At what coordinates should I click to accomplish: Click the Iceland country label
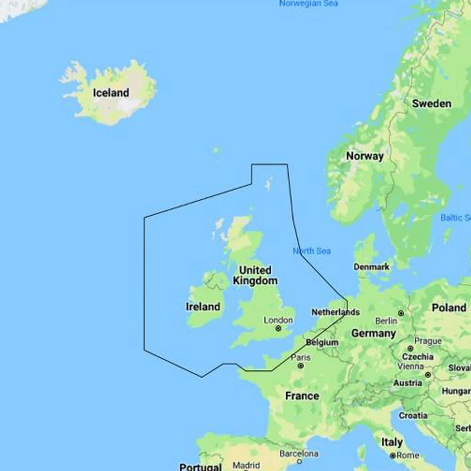pyautogui.click(x=111, y=93)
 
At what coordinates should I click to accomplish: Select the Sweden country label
pyautogui.click(x=431, y=104)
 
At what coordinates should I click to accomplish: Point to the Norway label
pyautogui.click(x=365, y=156)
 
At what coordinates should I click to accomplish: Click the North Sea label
pyautogui.click(x=312, y=251)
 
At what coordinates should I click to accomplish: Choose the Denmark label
pyautogui.click(x=372, y=267)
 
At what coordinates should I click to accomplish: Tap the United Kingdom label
pyautogui.click(x=255, y=276)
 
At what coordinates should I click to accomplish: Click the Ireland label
pyautogui.click(x=203, y=307)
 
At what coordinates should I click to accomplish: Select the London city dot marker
pyautogui.click(x=278, y=328)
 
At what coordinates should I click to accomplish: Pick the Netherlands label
pyautogui.click(x=335, y=312)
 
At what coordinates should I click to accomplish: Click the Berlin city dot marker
pyautogui.click(x=401, y=313)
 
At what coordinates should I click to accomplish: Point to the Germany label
pyautogui.click(x=374, y=333)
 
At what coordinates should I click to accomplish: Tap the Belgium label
pyautogui.click(x=322, y=342)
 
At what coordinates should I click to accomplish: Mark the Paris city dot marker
pyautogui.click(x=300, y=365)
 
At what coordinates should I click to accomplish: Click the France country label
pyautogui.click(x=302, y=396)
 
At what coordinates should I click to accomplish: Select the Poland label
pyautogui.click(x=448, y=308)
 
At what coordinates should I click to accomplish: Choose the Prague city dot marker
pyautogui.click(x=411, y=349)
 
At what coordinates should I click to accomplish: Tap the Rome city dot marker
pyautogui.click(x=392, y=455)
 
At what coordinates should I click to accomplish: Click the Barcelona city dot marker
pyautogui.click(x=299, y=462)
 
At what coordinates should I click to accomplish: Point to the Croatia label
pyautogui.click(x=413, y=416)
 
